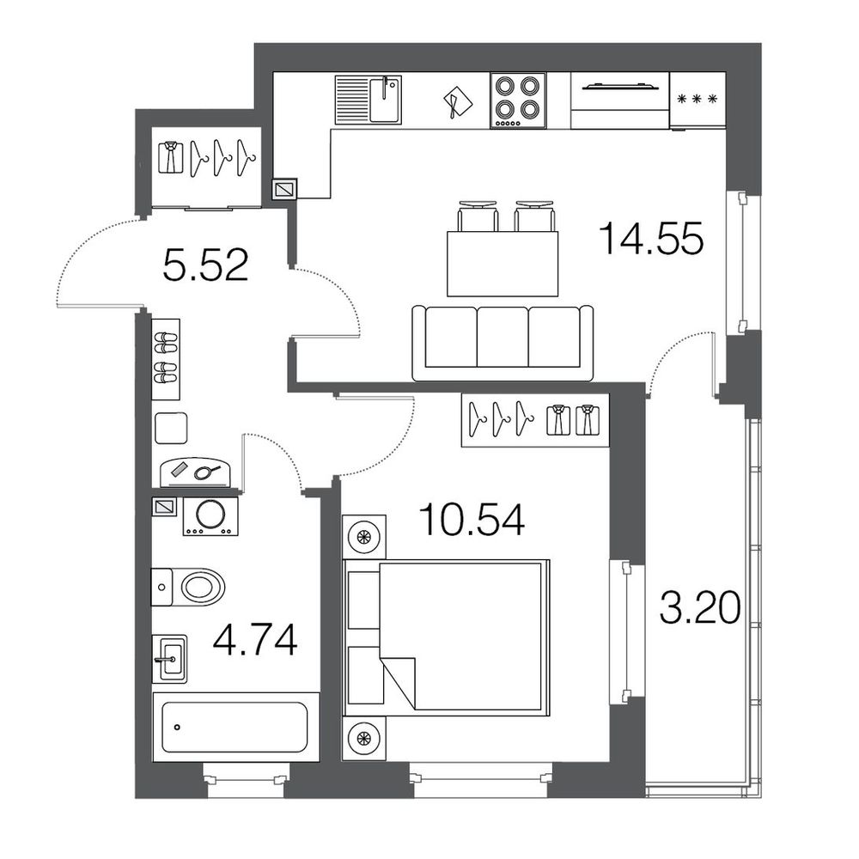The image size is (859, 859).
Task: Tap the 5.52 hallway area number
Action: (205, 265)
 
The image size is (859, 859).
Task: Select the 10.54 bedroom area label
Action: (472, 520)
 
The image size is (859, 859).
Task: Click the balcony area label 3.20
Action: (700, 607)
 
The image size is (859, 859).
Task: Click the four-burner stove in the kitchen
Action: (518, 101)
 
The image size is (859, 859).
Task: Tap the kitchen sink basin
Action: (385, 99)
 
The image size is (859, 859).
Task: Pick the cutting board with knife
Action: (458, 102)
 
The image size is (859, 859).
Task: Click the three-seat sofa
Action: (503, 343)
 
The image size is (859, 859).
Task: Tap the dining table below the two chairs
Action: (503, 264)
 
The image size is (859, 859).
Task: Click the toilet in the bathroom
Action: (188, 587)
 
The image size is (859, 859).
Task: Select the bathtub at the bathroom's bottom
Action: (235, 727)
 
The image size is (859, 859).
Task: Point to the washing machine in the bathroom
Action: (210, 516)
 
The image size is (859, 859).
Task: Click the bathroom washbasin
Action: (169, 659)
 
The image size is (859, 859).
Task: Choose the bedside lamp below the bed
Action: (363, 738)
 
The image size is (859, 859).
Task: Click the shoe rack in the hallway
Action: (166, 359)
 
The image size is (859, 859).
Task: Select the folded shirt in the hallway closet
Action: (170, 158)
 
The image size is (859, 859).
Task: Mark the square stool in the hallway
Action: (171, 428)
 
